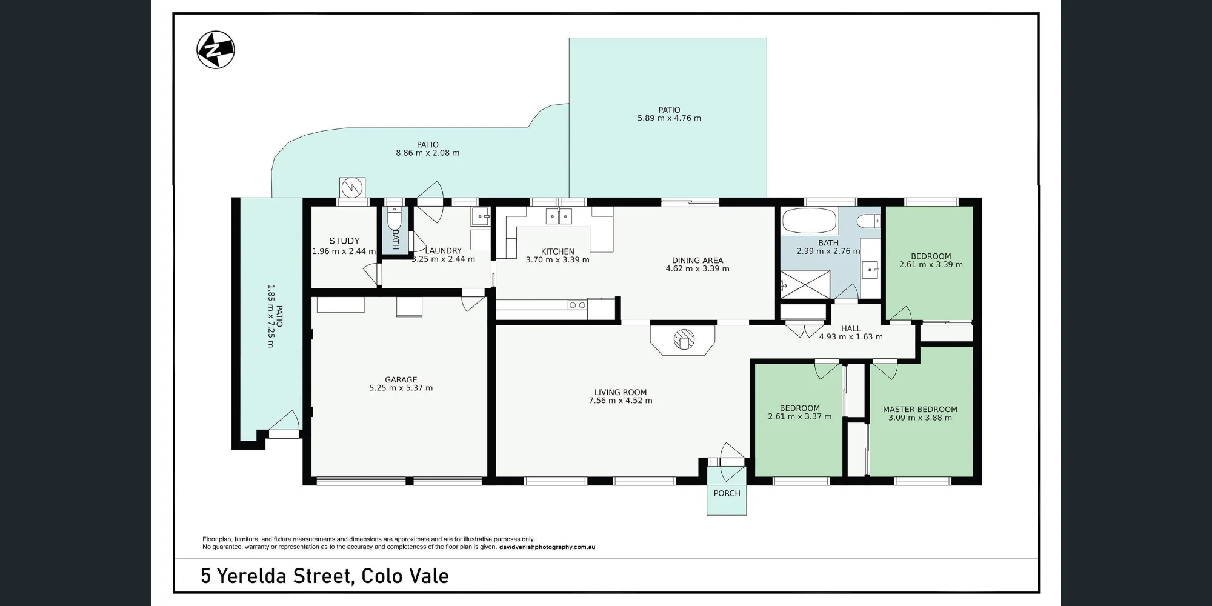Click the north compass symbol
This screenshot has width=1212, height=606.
click(x=216, y=50)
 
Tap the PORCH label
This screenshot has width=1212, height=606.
click(x=727, y=493)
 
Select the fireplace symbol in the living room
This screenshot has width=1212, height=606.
click(x=683, y=339)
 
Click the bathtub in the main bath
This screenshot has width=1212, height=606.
click(x=810, y=221)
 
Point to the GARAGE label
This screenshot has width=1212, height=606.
click(x=401, y=380)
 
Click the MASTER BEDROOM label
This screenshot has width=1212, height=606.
click(x=920, y=410)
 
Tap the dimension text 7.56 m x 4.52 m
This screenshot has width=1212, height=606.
click(x=621, y=401)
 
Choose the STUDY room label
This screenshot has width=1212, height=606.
click(x=344, y=241)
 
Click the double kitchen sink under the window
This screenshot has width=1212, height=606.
click(x=559, y=216)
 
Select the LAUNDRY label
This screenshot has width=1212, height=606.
click(x=444, y=251)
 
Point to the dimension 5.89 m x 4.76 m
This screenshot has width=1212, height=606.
click(x=669, y=118)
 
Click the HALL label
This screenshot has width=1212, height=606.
click(x=851, y=328)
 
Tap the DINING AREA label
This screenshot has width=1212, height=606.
click(x=698, y=261)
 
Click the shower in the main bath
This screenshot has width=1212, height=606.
click(x=805, y=284)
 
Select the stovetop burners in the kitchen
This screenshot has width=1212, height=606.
click(x=578, y=305)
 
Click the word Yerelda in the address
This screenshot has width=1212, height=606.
click(x=253, y=576)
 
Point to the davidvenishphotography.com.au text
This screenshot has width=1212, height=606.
click(x=547, y=547)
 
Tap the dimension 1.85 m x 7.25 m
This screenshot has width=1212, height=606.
click(x=270, y=316)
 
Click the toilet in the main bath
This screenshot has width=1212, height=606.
click(x=870, y=221)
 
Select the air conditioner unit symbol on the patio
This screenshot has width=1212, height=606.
click(x=352, y=188)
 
